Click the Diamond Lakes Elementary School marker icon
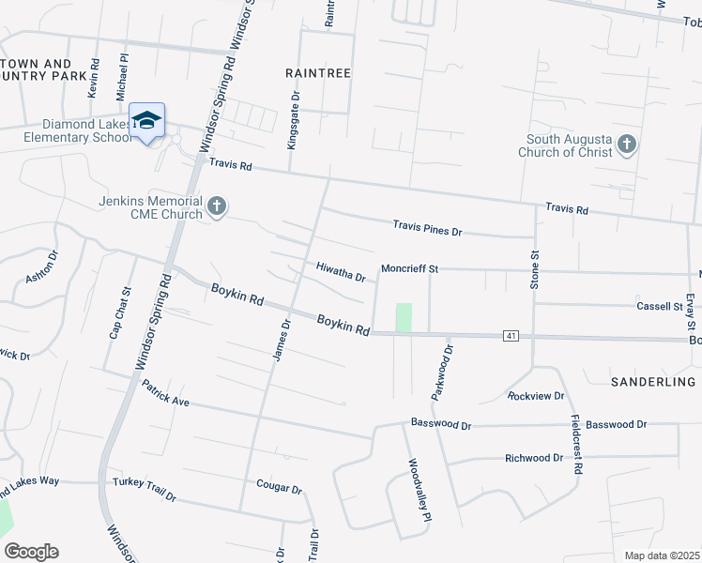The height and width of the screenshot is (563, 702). (147, 121)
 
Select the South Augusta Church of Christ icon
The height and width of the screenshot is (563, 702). (628, 145)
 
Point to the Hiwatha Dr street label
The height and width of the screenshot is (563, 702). (340, 274)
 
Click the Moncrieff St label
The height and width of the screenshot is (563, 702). (409, 268)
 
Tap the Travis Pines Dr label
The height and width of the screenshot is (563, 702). (428, 227)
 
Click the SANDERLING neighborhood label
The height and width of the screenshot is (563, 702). (653, 382)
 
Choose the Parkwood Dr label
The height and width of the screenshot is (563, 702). (442, 373)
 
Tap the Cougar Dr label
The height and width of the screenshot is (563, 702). (279, 488)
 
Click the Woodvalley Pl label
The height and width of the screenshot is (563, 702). (419, 490)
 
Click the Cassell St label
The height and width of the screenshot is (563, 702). (659, 306)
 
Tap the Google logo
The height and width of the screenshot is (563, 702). (31, 552)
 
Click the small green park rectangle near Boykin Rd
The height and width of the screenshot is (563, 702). (404, 317)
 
